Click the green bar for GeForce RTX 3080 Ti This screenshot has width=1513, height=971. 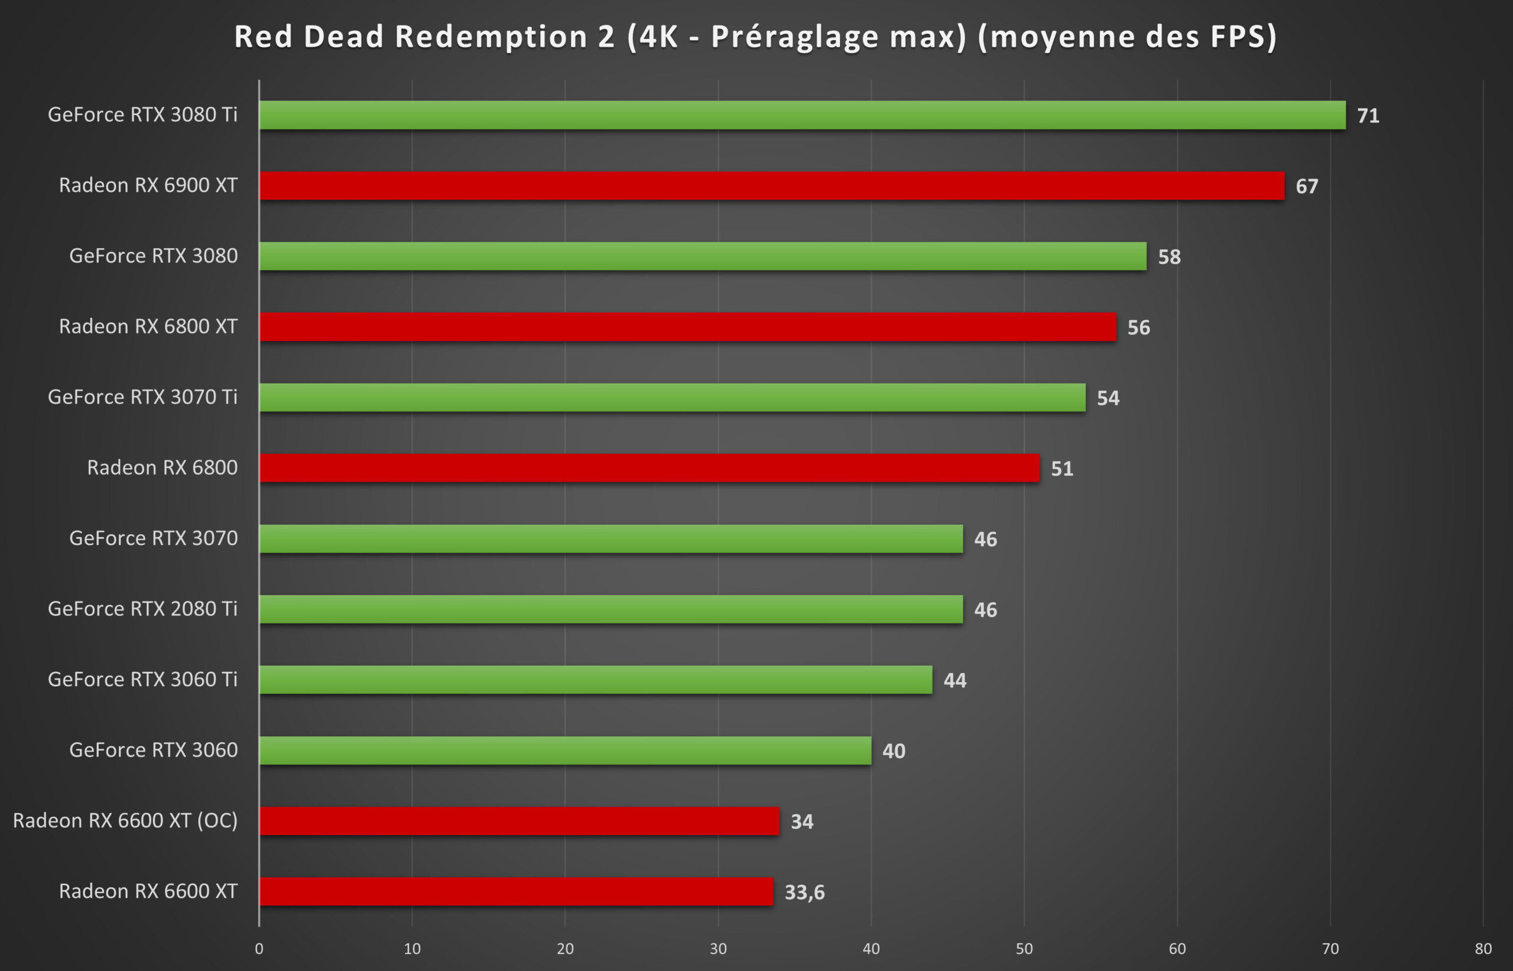(x=802, y=115)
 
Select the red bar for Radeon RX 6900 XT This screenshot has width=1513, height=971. (x=772, y=186)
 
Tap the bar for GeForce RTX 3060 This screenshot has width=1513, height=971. (x=565, y=751)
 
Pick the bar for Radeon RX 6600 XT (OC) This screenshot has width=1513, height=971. (x=519, y=821)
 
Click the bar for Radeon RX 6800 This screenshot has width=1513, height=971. (x=650, y=468)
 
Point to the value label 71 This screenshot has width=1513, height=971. (x=1368, y=116)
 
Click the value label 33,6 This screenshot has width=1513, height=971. (x=804, y=892)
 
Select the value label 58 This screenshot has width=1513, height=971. (x=1170, y=257)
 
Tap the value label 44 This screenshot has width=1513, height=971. (x=955, y=680)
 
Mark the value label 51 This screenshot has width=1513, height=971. (x=1062, y=469)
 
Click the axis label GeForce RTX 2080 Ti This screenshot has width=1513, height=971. (x=142, y=609)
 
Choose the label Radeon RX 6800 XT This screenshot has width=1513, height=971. (x=148, y=326)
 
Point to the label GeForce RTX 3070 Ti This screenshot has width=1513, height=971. (x=142, y=397)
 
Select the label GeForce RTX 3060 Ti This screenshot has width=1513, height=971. (x=142, y=679)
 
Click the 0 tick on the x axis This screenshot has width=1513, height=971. (x=259, y=949)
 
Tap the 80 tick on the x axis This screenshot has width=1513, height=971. (x=1483, y=949)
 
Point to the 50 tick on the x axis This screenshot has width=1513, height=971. (x=1024, y=949)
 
